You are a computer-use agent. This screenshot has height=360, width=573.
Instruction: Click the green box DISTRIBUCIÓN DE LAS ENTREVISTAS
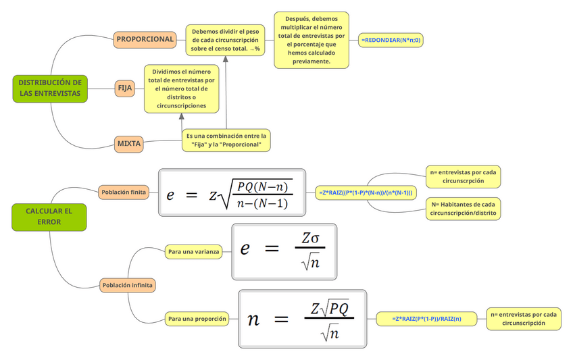tap(50, 88)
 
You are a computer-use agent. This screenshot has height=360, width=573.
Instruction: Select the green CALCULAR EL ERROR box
tap(49, 216)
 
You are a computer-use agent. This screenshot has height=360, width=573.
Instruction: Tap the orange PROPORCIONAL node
tap(145, 39)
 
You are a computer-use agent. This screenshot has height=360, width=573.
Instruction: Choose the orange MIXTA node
tap(129, 143)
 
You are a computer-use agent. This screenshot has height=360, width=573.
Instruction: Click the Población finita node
tap(124, 192)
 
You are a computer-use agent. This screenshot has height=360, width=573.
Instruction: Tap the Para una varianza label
tap(193, 252)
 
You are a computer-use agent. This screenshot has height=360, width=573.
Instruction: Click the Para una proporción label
tap(197, 318)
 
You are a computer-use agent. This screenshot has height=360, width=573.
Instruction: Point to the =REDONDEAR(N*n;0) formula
tap(391, 40)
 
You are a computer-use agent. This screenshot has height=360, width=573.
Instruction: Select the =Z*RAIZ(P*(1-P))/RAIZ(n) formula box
tap(427, 318)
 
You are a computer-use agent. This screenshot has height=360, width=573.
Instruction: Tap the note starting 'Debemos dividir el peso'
tap(226, 40)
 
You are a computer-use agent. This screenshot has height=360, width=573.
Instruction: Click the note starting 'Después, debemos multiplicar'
tap(312, 40)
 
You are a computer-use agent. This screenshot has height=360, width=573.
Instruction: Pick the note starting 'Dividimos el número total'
tap(181, 88)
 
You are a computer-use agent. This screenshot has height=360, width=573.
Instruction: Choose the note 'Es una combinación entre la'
tap(226, 140)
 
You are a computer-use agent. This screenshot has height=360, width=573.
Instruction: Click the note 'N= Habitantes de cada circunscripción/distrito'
tap(463, 208)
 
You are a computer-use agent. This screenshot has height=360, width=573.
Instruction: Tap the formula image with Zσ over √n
tap(283, 251)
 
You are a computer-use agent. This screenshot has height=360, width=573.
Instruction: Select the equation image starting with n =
tap(302, 318)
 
